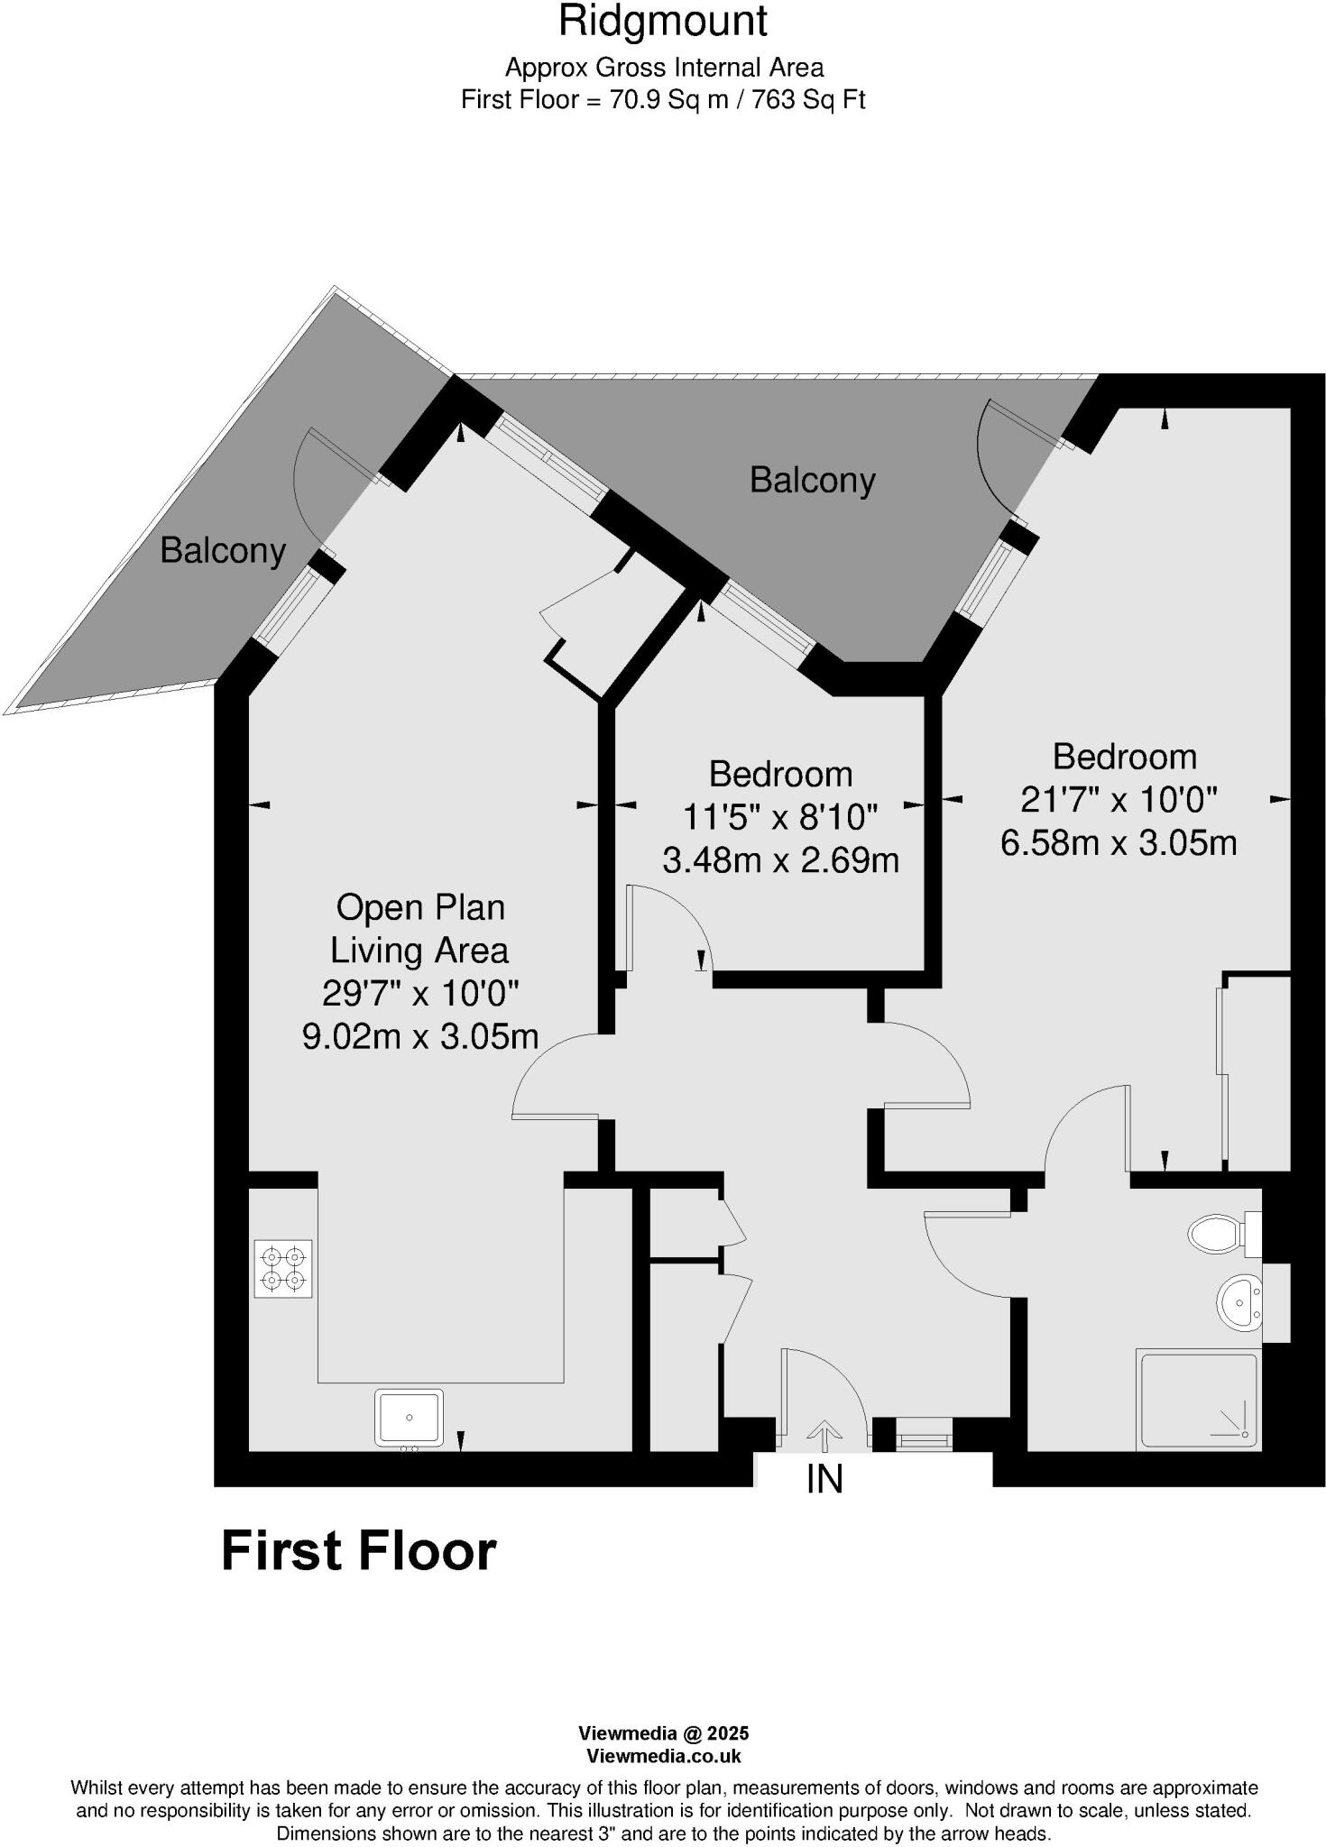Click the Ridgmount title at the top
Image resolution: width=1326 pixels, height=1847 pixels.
click(662, 21)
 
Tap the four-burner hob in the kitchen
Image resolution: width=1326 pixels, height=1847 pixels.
click(283, 1268)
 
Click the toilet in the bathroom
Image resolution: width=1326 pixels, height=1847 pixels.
click(1220, 1233)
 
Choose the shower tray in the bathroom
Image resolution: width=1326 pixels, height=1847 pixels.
click(1198, 1400)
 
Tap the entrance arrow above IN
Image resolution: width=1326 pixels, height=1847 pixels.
click(824, 1432)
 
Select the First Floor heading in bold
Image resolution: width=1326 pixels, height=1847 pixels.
click(358, 1551)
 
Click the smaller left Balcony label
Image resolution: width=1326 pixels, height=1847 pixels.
click(223, 549)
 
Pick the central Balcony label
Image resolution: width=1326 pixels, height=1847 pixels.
click(812, 480)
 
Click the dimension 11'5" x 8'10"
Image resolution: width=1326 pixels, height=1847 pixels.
click(779, 817)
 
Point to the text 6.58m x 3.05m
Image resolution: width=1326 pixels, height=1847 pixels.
click(1119, 842)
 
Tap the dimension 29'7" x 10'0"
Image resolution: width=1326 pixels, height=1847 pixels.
click(420, 993)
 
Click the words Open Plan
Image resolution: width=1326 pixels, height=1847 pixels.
click(420, 906)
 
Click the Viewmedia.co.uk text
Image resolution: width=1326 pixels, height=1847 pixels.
click(663, 1756)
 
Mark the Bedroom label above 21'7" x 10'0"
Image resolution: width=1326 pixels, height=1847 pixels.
click(1124, 756)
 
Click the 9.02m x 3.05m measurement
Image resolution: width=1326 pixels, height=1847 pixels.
click(420, 1036)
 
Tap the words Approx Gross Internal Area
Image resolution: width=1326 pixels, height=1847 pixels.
click(663, 68)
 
